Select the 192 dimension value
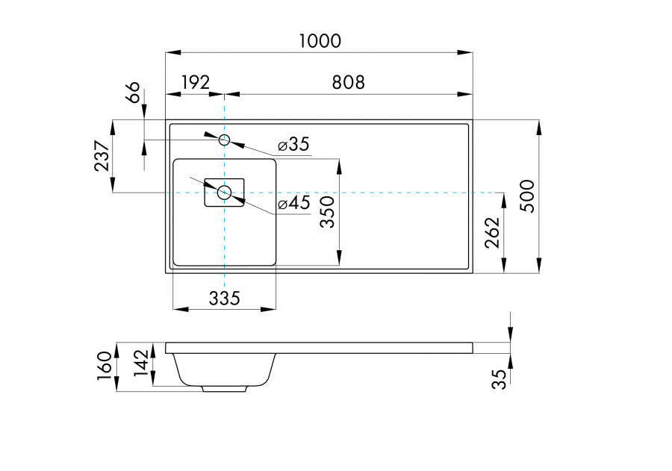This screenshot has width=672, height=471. pyautogui.click(x=195, y=81)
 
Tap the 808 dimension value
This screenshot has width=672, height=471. pyautogui.click(x=349, y=81)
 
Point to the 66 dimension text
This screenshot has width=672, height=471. pyautogui.click(x=132, y=94)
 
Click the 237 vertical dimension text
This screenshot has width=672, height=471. pyautogui.click(x=102, y=156)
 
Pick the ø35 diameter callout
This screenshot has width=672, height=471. pyautogui.click(x=293, y=144)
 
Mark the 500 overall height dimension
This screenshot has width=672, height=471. pyautogui.click(x=527, y=196)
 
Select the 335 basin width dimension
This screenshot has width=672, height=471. pyautogui.click(x=224, y=299)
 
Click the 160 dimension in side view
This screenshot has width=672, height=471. pyautogui.click(x=104, y=366)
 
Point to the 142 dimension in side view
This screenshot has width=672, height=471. pyautogui.click(x=141, y=366)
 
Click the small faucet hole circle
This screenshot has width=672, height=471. pyautogui.click(x=224, y=140)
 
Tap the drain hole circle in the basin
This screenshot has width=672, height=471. pyautogui.click(x=224, y=193)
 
